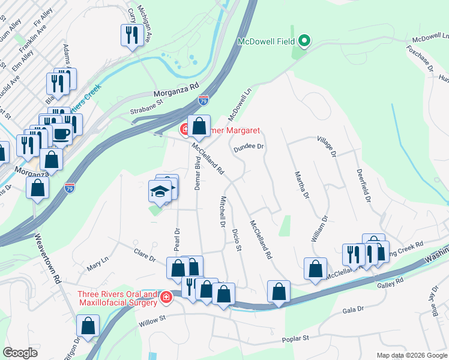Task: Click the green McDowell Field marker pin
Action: point(304,41)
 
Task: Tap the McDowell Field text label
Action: point(267,42)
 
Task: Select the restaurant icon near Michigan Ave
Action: point(130,35)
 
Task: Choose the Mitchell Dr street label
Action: point(221,212)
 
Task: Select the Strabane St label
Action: point(147,107)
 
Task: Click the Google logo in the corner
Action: point(20,352)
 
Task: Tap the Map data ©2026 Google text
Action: point(411,355)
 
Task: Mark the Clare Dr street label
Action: point(145,254)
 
